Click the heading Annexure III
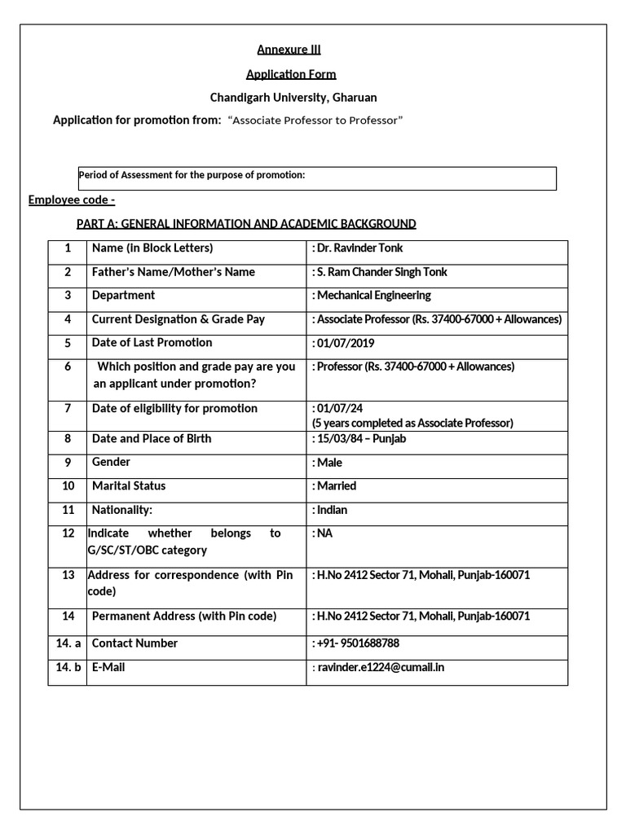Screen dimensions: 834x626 (x=283, y=50)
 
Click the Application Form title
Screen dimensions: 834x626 (x=291, y=74)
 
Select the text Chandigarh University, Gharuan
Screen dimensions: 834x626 (x=293, y=98)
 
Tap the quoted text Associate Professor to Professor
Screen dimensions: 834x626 (x=315, y=121)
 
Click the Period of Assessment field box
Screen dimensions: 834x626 (x=316, y=178)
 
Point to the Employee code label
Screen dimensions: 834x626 (x=72, y=200)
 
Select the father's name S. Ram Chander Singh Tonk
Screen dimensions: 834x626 (x=380, y=272)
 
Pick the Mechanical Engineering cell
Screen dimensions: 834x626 (x=372, y=296)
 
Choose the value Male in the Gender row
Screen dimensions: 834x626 (x=328, y=463)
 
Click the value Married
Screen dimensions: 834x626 (x=334, y=486)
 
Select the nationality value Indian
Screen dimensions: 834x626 (x=330, y=510)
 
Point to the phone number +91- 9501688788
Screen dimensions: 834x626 (x=356, y=643)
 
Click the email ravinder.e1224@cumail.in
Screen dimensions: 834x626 (x=378, y=668)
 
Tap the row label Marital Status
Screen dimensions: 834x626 (x=129, y=486)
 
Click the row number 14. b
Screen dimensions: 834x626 (x=68, y=668)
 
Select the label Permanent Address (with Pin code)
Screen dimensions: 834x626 (x=184, y=617)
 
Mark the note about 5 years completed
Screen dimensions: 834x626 (x=412, y=423)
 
